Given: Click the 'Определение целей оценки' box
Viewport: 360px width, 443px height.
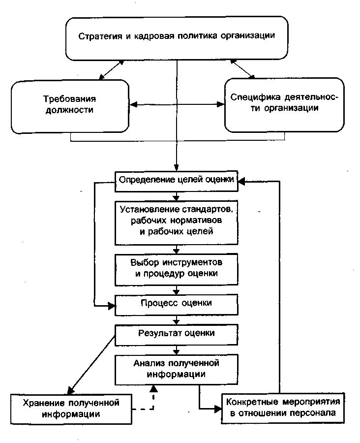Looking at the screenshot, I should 176,180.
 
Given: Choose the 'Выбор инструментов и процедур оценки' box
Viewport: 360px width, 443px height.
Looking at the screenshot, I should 176,269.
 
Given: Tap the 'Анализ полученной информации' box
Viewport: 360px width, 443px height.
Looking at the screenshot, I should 176,369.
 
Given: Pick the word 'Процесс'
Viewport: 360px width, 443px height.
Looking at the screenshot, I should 155,302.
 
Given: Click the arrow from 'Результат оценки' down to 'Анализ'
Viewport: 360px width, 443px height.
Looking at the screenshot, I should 176,350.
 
